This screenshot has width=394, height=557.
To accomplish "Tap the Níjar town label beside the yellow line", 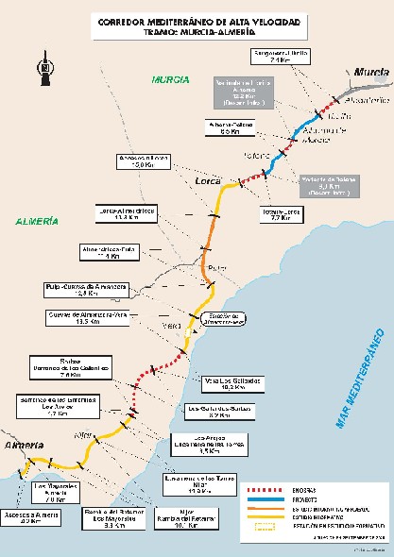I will (x=81, y=433).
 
